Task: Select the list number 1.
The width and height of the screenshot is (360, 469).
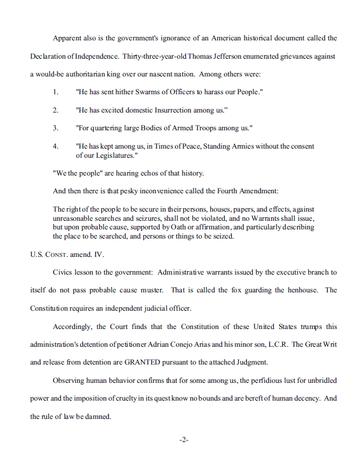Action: (x=56, y=92)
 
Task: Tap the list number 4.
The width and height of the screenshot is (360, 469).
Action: (x=56, y=146)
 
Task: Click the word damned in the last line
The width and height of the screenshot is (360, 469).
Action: (x=98, y=416)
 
